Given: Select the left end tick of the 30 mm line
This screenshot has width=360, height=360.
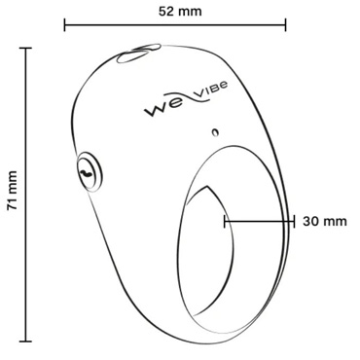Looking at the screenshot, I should pos(225,220).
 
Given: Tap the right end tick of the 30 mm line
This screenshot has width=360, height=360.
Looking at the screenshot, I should pos(294,220).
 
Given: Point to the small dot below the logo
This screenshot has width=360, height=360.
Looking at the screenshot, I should pos(216,131).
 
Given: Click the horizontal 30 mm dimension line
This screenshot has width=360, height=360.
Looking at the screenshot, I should pos(259,220).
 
